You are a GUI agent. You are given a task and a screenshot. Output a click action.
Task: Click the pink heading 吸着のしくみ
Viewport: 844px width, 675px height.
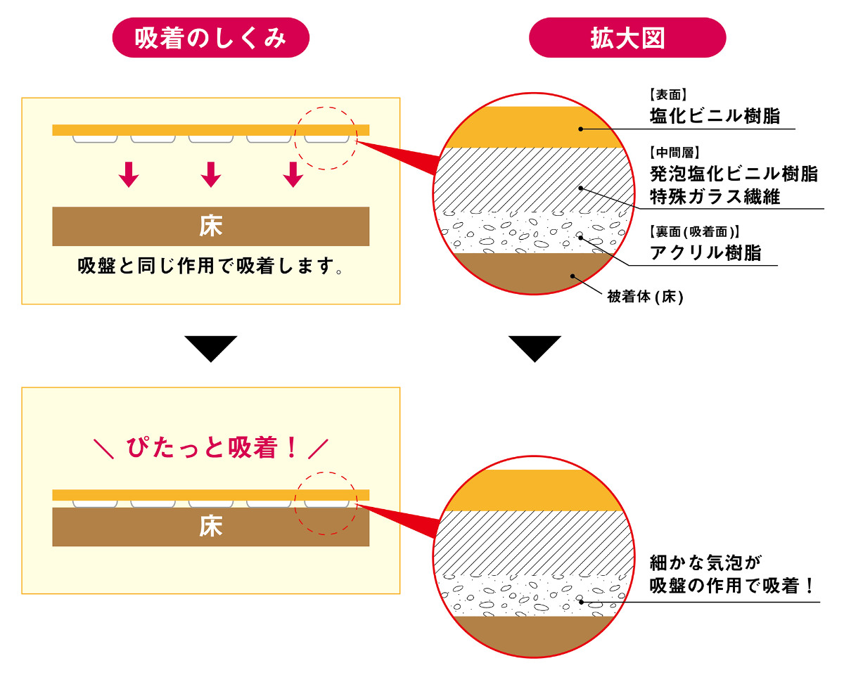(211, 37)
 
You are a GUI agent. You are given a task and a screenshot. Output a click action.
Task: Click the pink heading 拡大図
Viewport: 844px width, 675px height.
(627, 37)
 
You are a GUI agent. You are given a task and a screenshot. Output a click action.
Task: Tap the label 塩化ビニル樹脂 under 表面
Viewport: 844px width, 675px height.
(715, 116)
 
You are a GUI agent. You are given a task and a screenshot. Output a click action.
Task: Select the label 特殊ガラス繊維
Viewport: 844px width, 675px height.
(715, 196)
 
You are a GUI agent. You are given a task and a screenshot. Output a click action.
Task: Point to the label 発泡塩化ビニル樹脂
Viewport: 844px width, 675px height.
(734, 174)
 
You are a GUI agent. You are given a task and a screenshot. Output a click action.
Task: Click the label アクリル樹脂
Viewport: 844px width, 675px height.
(705, 253)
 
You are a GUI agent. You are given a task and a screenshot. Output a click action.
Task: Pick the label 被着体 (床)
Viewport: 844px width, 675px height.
(645, 297)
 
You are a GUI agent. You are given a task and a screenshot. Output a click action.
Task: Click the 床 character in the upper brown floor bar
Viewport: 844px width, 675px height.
(210, 226)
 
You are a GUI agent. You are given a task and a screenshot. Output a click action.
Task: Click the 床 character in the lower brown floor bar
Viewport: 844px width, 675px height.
(210, 527)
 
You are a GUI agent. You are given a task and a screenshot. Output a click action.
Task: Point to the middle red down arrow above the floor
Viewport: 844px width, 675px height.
(210, 174)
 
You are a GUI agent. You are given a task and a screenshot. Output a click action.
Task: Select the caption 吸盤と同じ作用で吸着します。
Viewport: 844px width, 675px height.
(210, 268)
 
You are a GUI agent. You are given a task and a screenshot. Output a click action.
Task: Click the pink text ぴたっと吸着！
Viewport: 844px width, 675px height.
(211, 447)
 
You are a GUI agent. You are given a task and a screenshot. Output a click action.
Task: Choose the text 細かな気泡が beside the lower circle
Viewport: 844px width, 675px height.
(706, 562)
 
